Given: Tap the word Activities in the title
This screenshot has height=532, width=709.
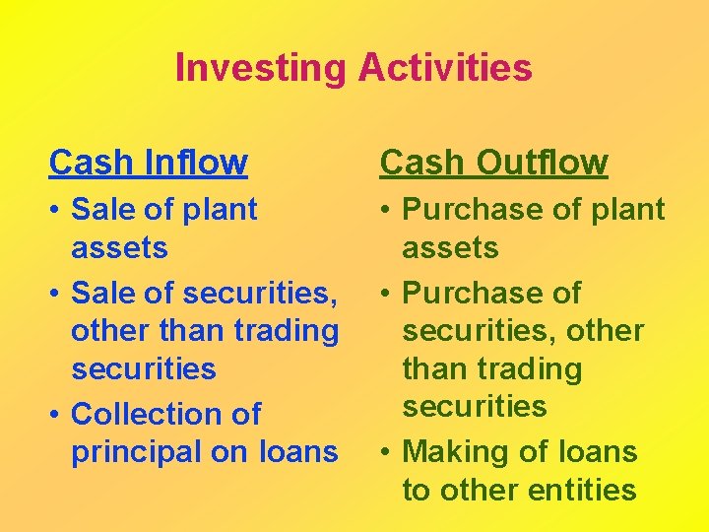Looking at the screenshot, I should click(445, 68).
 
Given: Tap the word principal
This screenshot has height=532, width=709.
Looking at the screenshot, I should click(135, 452).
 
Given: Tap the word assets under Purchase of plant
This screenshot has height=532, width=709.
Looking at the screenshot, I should click(450, 248).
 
